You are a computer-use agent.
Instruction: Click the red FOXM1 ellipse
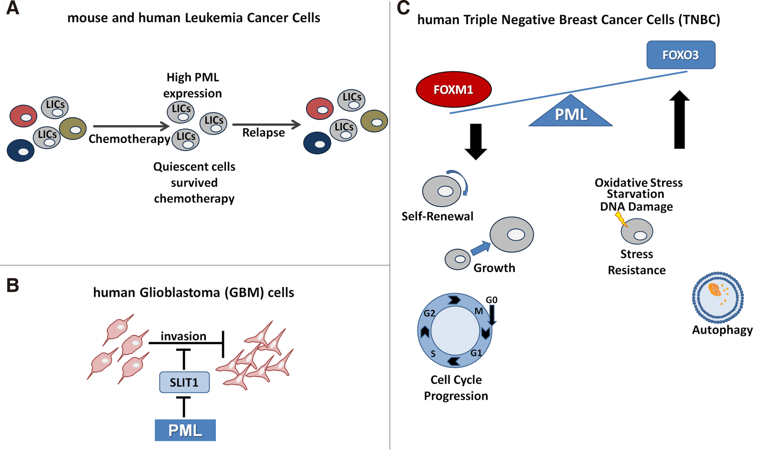coord(454,89)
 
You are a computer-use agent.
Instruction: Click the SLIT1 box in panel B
coord(184,382)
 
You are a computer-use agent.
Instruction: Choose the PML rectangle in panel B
coord(185,430)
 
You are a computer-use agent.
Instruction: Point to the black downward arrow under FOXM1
coord(476,141)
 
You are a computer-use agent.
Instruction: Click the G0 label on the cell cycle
coord(491,300)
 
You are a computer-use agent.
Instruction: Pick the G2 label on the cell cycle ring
coord(429,313)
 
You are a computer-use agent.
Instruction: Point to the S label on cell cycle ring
coord(433,354)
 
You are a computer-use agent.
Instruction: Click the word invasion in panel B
coord(183,336)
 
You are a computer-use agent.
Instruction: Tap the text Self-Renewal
coord(437,216)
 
